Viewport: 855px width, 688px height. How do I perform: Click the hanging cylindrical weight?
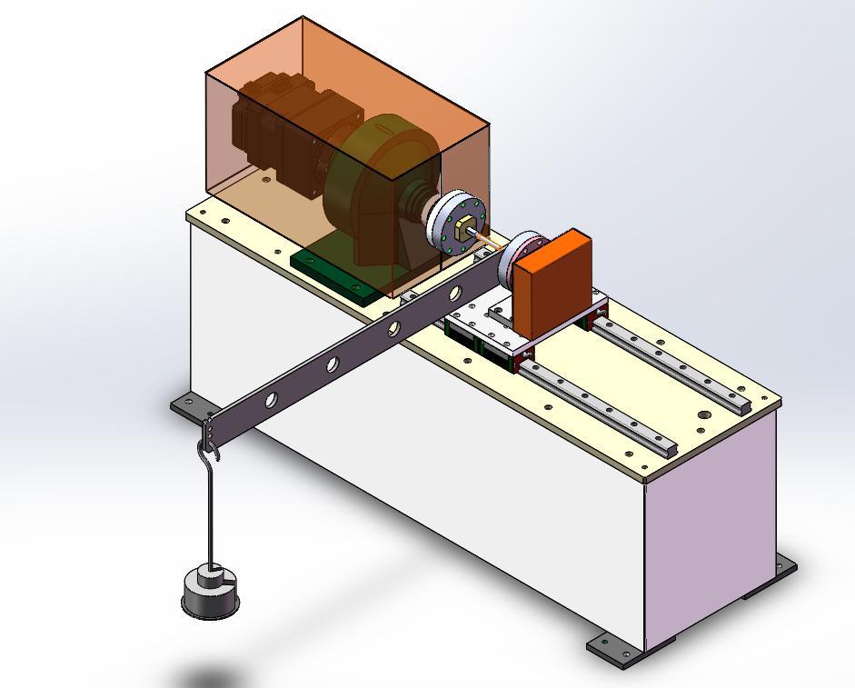pyautogui.click(x=211, y=593)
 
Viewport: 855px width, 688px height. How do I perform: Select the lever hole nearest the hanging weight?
pyautogui.click(x=271, y=400)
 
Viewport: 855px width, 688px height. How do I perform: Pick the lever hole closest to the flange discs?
pyautogui.click(x=454, y=294)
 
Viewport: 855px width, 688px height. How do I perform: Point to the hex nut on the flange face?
pyautogui.click(x=464, y=224)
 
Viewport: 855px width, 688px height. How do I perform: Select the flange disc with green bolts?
pyautogui.click(x=452, y=224)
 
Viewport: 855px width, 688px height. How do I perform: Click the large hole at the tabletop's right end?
pyautogui.click(x=704, y=416)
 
